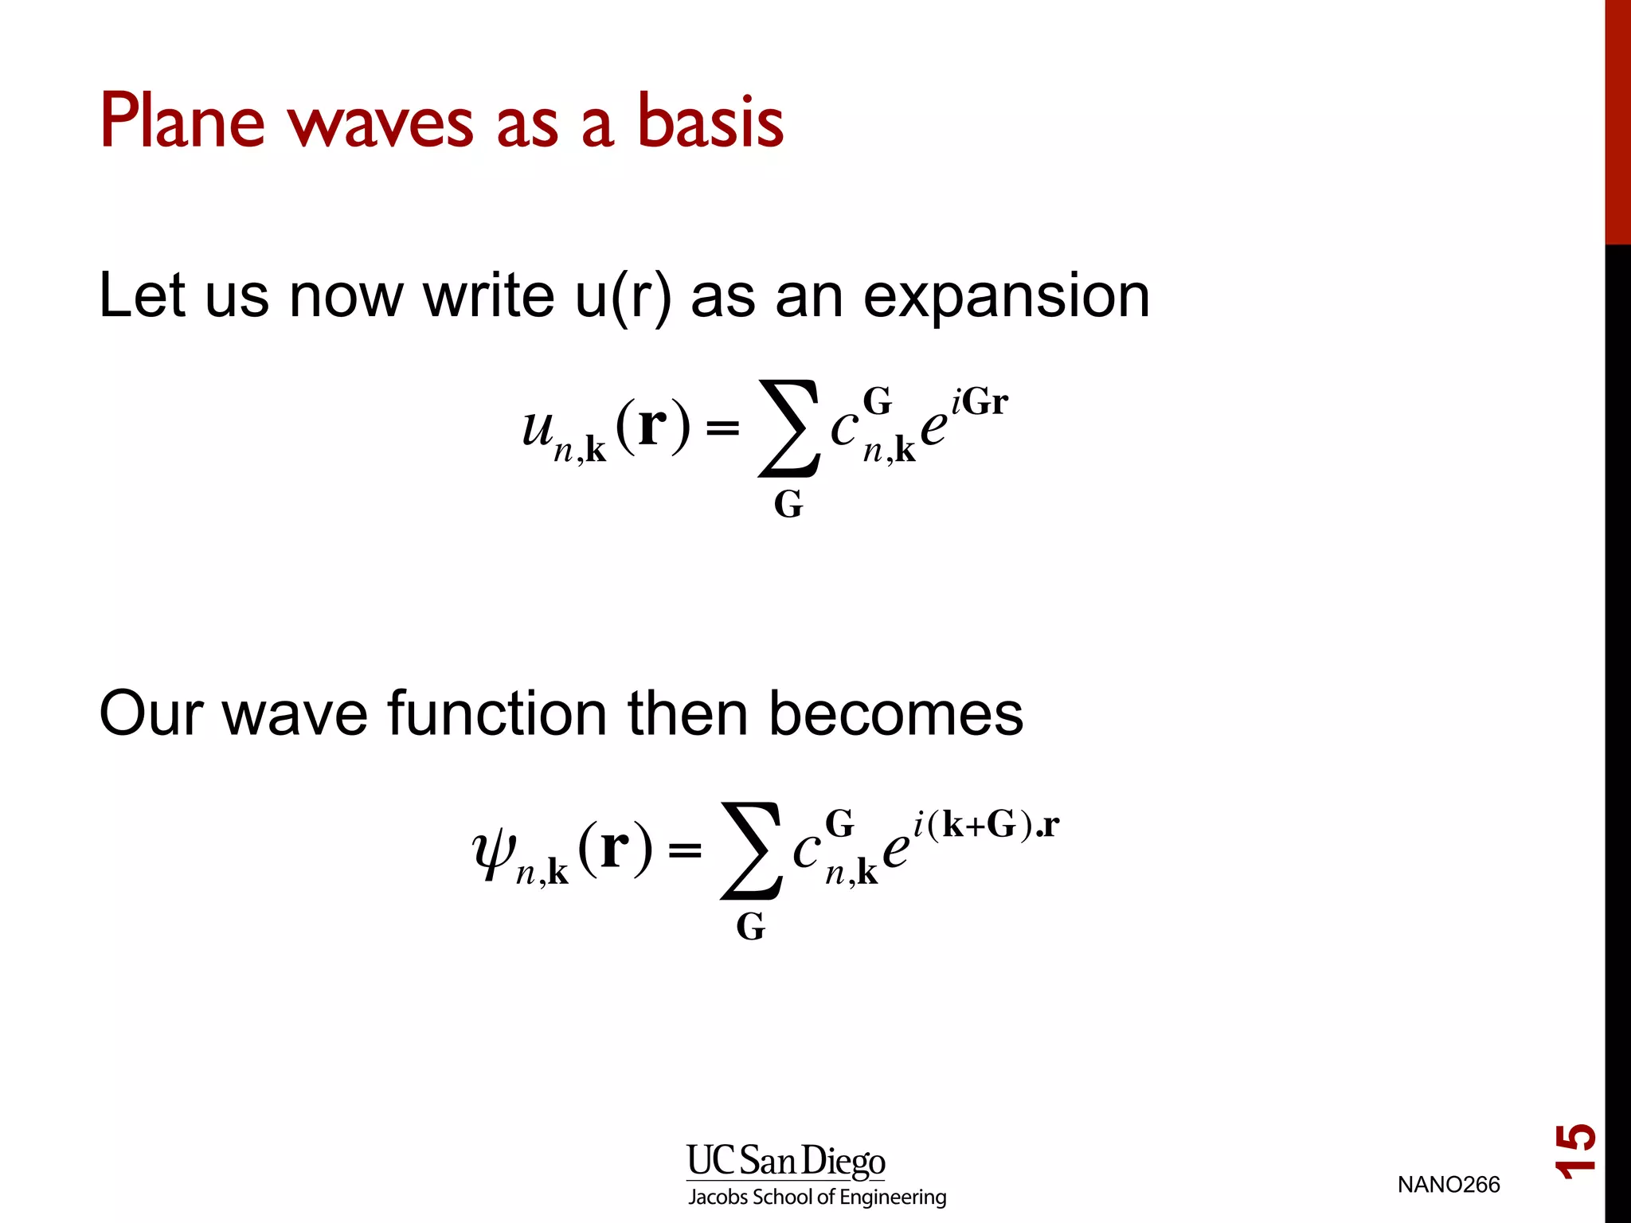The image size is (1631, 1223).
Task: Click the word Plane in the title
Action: (x=182, y=121)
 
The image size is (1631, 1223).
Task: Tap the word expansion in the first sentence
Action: (x=1007, y=296)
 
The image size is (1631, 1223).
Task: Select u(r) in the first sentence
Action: (x=623, y=296)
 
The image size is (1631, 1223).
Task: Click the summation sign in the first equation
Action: (x=788, y=428)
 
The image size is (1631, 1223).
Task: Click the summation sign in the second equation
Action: (x=751, y=850)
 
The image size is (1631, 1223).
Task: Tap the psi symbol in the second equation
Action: (x=494, y=852)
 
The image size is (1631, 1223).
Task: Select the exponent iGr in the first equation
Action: (x=980, y=401)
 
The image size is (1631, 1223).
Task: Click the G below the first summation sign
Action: (x=788, y=505)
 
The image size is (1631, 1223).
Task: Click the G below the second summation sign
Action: (x=750, y=927)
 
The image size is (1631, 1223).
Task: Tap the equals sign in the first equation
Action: (x=722, y=429)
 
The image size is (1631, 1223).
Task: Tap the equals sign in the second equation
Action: (x=685, y=851)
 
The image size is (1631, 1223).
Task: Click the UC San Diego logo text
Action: (x=785, y=1162)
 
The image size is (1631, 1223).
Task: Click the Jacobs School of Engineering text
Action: (x=817, y=1197)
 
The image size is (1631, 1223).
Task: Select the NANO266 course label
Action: (x=1448, y=1185)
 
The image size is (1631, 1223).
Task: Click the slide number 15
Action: (x=1575, y=1151)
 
